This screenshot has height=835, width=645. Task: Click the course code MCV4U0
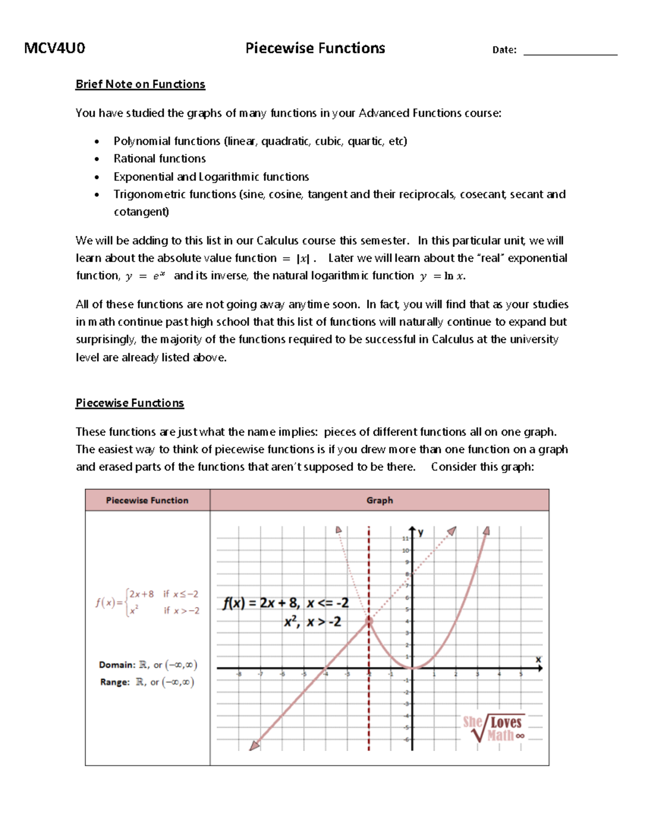click(54, 48)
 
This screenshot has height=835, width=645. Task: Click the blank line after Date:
click(570, 52)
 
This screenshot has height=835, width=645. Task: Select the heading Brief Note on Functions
click(140, 84)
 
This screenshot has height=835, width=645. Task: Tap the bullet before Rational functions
click(97, 159)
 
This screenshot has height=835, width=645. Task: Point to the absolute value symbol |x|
click(303, 259)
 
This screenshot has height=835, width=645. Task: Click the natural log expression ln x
click(454, 276)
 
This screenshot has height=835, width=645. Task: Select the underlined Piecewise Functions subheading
click(130, 403)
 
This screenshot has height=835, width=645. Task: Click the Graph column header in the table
click(379, 500)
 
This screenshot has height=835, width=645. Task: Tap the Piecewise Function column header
click(147, 500)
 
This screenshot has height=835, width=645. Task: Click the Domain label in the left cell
click(117, 665)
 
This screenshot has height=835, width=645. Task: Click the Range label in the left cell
click(114, 682)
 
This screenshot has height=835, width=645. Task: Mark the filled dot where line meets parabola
click(369, 621)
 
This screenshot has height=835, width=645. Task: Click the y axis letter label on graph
click(421, 532)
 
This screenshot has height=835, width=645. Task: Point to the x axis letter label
click(538, 659)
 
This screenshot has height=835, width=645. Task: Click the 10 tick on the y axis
click(405, 551)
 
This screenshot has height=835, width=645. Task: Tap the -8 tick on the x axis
click(239, 674)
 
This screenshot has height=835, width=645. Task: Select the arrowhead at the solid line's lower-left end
click(254, 745)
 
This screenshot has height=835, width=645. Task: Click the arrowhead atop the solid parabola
click(486, 531)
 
